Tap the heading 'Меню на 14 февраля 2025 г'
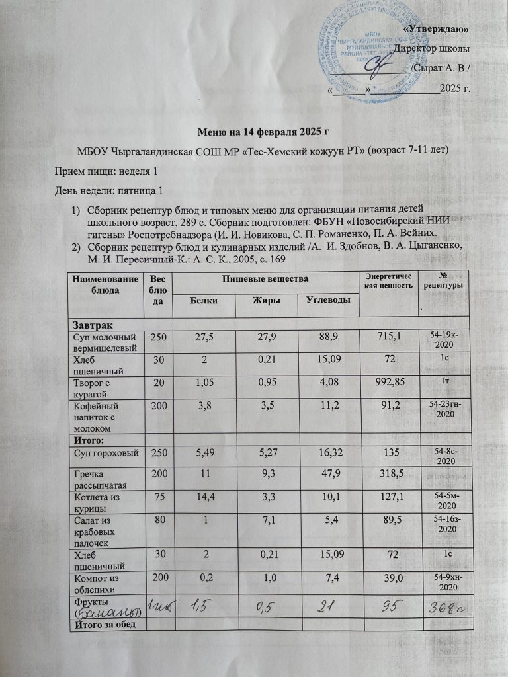coord(253,132)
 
